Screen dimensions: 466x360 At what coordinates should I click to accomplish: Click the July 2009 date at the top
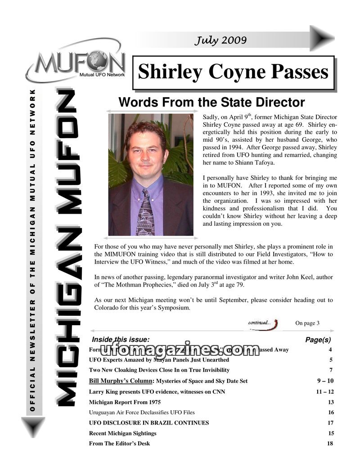pos(220,40)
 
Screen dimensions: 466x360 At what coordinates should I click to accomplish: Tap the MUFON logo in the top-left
pos(77,66)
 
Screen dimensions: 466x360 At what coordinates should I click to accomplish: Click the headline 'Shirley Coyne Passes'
pos(233,72)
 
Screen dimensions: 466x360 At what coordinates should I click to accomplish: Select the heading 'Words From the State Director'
pos(211,103)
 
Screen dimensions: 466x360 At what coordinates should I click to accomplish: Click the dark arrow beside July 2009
pos(322,38)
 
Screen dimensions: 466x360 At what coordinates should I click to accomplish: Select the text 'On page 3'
pos(307,323)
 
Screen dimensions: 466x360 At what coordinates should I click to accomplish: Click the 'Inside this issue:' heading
pos(121,340)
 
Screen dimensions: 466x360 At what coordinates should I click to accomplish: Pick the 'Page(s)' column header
pos(318,340)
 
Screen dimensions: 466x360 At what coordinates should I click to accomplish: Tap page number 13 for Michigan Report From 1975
pos(331,402)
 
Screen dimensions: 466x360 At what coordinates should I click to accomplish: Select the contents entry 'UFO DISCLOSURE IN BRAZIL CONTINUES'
pos(149,423)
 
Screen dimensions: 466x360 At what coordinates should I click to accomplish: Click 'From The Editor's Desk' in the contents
pos(119,444)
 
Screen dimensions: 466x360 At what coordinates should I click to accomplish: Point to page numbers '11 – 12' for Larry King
pos(325,392)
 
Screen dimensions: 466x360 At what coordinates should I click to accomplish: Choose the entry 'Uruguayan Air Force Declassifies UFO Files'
pos(142,412)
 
